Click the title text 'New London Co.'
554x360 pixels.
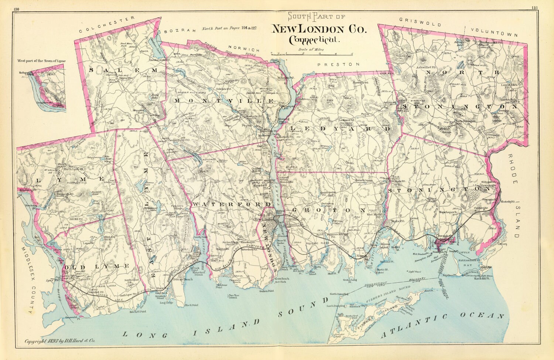pos(319,29)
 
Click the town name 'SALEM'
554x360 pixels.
pos(123,70)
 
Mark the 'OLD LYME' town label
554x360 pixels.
pos(96,266)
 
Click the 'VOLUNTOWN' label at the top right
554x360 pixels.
pos(494,32)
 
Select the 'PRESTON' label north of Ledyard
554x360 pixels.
pos(338,64)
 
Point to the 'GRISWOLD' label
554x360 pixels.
pos(420,22)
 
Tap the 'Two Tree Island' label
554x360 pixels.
pos(233,297)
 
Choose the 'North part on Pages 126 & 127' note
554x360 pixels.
pos(229,28)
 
